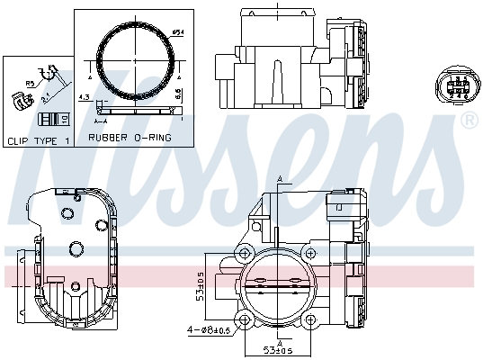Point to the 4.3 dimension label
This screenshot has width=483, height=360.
[x=84, y=96]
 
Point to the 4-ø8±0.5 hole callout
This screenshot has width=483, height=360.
[x=209, y=329]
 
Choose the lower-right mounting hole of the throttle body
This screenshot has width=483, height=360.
[x=315, y=319]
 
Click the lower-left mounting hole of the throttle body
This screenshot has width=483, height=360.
[x=246, y=319]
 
